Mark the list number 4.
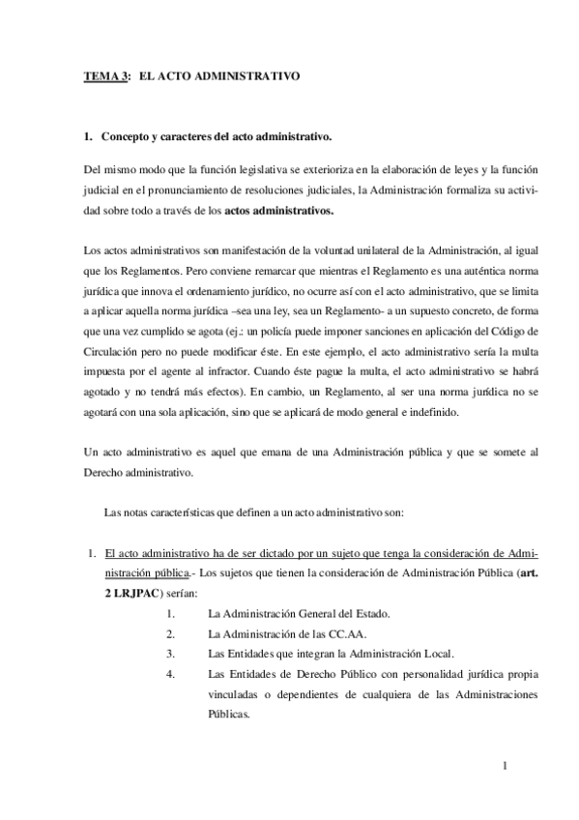pos(170,674)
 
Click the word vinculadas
pos(238,694)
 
